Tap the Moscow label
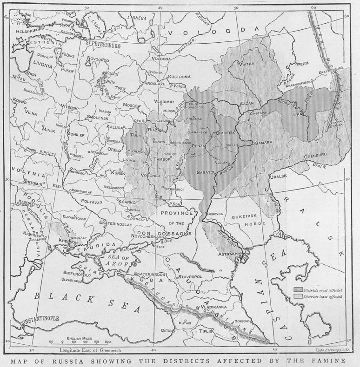pos(132,106)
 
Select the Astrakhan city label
pos(229,254)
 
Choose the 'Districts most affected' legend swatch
pos(298,289)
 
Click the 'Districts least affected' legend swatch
pos(298,296)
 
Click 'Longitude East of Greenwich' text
pos(86,350)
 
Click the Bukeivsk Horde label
pos(240,218)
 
